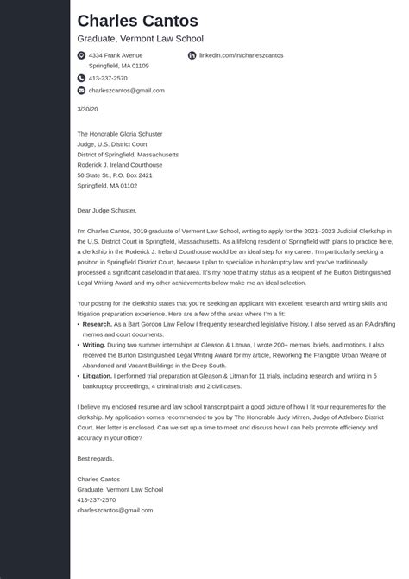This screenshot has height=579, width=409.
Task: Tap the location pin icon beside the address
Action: [x=81, y=55]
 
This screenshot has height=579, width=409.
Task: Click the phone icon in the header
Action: [x=81, y=78]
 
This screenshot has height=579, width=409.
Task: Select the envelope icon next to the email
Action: [x=81, y=91]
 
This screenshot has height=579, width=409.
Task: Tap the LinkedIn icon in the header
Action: [x=192, y=55]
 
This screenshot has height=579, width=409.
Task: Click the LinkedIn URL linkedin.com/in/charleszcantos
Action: [x=241, y=55]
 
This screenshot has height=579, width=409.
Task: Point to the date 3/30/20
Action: [x=87, y=109]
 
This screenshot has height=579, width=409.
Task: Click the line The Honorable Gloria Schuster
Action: [x=119, y=134]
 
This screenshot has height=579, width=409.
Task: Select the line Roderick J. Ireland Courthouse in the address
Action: [x=119, y=165]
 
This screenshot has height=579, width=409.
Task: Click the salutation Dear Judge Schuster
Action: [x=107, y=210]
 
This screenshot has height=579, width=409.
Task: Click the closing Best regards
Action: [x=95, y=458]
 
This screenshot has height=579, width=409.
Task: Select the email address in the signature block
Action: [x=115, y=510]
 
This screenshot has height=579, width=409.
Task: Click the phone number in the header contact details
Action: [x=108, y=78]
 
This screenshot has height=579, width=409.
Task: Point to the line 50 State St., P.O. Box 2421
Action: [x=115, y=175]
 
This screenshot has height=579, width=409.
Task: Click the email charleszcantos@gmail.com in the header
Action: [x=126, y=91]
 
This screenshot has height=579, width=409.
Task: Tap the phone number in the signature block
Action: [x=96, y=499]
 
